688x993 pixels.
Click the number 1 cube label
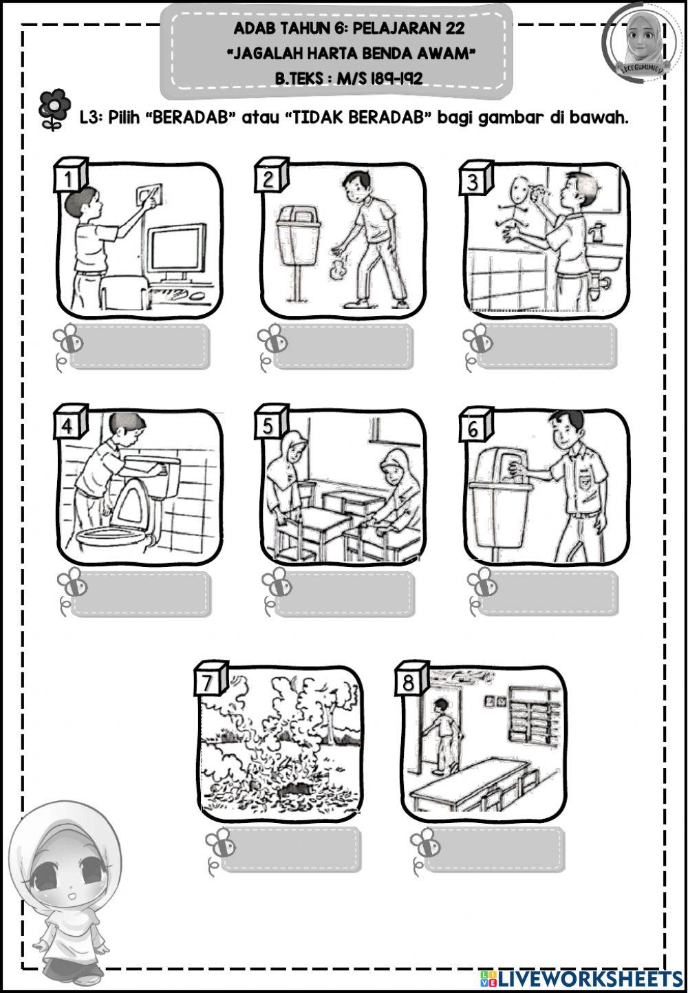pos(69,176)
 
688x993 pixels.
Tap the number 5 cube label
pos(270,423)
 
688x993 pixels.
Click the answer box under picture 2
pos(343,347)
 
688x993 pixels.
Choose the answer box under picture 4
pos(141,594)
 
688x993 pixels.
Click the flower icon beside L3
pos(54,109)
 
